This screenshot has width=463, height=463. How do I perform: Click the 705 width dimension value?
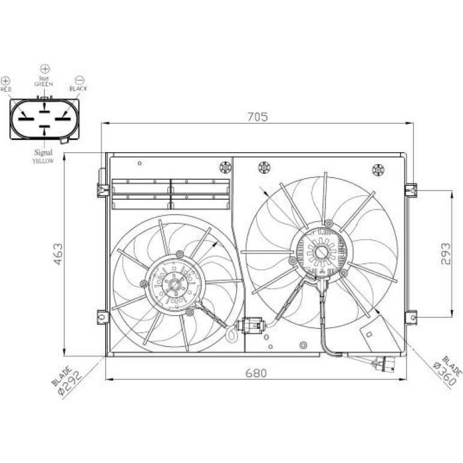click(x=257, y=117)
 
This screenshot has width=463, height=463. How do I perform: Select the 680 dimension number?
click(x=256, y=373)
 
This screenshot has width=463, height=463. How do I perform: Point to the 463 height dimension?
click(x=58, y=254)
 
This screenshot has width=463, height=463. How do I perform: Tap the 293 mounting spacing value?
click(x=446, y=254)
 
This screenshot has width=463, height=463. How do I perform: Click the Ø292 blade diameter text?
click(x=70, y=382)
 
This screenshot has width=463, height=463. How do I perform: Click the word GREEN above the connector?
click(x=44, y=84)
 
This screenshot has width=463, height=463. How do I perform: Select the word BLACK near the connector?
click(x=78, y=88)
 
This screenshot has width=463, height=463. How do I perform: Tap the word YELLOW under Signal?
click(x=43, y=161)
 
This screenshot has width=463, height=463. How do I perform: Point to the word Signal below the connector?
click(x=43, y=153)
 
